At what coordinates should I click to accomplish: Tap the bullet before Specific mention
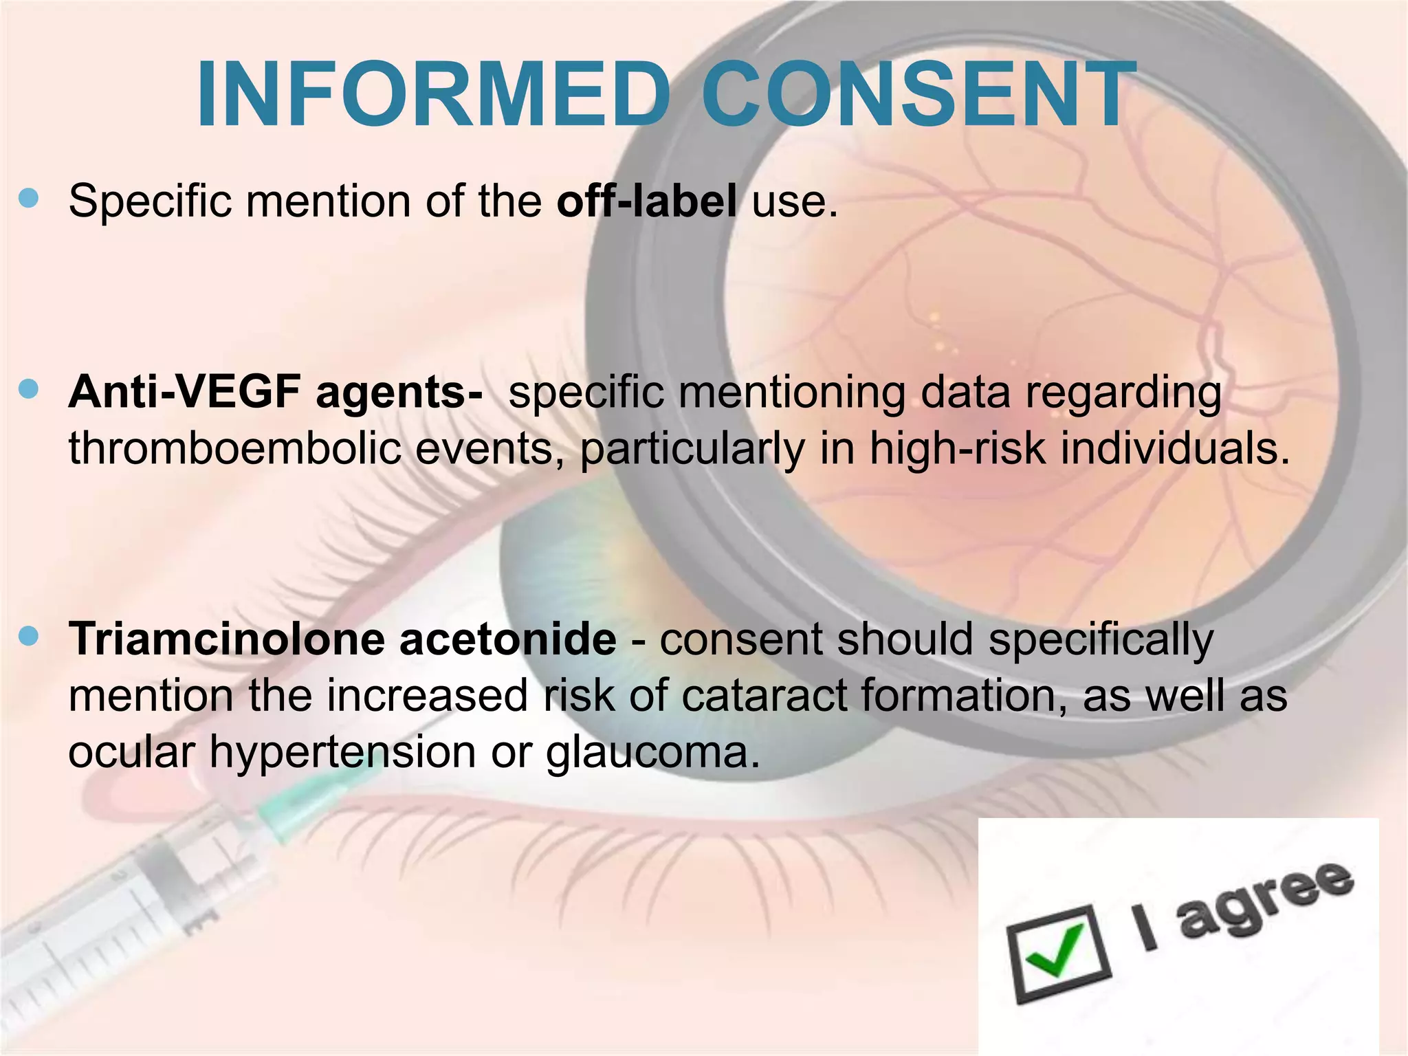pos(29,199)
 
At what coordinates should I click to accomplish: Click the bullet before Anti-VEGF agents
pos(29,390)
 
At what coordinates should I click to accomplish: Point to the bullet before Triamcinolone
pos(29,637)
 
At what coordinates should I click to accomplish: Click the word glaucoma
pos(653,752)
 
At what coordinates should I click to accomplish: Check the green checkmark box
pos(1057,951)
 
